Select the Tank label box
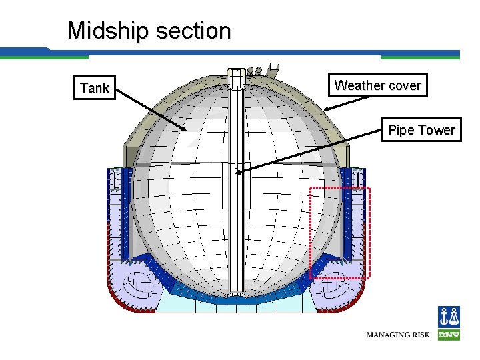[x=94, y=88]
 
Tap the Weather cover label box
[x=377, y=85]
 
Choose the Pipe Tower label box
[x=421, y=130]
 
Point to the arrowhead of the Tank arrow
[x=186, y=129]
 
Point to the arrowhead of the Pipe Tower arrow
[x=239, y=172]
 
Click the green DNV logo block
[x=449, y=335]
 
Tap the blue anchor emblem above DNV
[x=449, y=316]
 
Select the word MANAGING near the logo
[x=389, y=335]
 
